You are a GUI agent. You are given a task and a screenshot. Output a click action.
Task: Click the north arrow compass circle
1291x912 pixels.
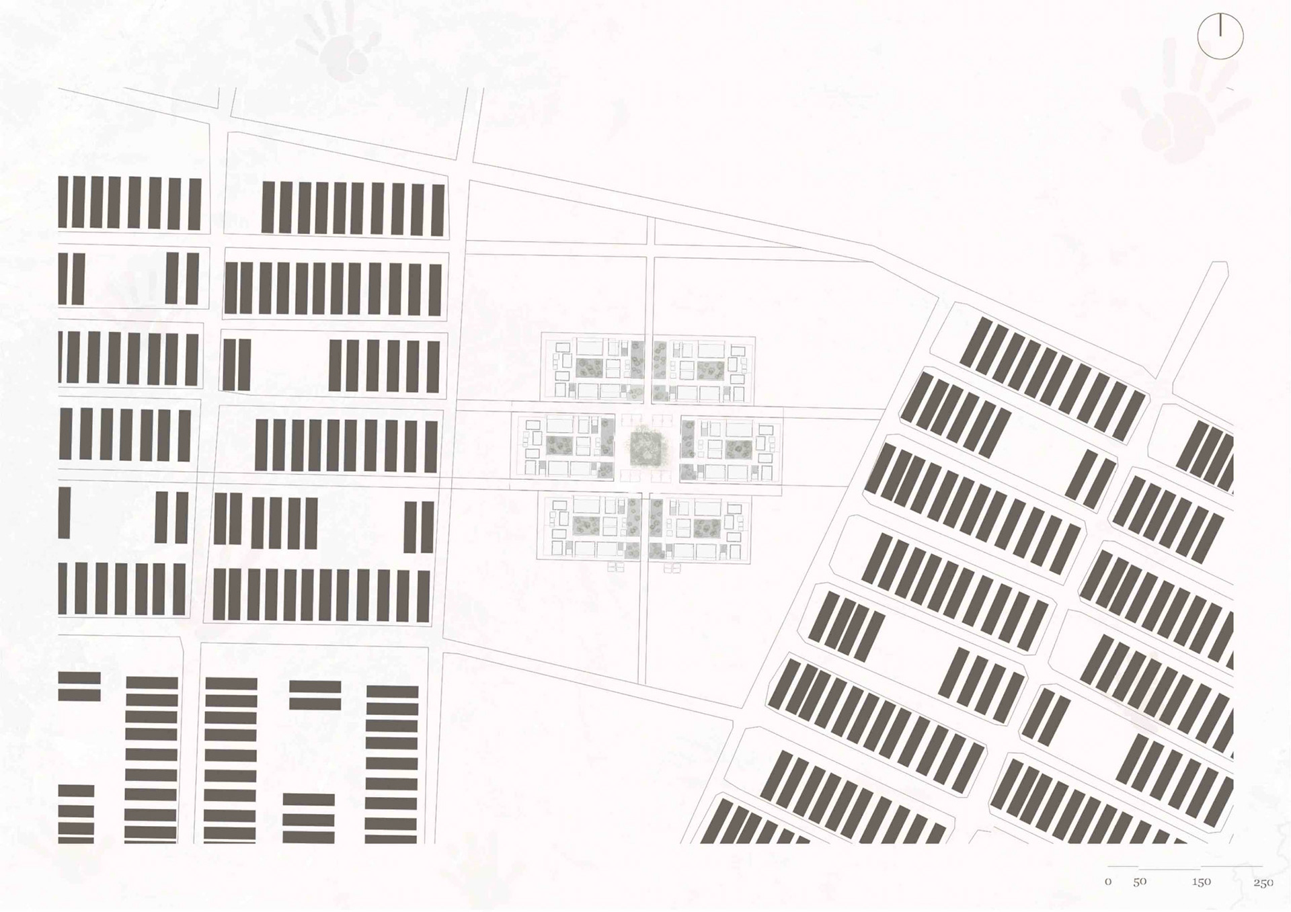click(1220, 36)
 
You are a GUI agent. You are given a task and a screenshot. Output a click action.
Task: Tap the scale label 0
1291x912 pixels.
click(1108, 882)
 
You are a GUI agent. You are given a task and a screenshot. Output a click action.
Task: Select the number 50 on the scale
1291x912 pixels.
click(1140, 882)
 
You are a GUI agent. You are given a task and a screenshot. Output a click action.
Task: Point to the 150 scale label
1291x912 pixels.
click(1202, 882)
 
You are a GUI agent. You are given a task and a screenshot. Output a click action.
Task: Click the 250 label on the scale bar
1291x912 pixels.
click(1263, 882)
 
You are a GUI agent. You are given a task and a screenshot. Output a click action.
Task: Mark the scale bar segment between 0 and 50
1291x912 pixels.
click(1123, 866)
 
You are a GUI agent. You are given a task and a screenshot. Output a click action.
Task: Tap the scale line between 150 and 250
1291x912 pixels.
click(1232, 866)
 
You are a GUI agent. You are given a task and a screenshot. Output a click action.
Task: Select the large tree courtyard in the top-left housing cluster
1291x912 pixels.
click(590, 367)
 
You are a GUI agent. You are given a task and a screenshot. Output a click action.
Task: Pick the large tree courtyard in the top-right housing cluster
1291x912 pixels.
click(711, 368)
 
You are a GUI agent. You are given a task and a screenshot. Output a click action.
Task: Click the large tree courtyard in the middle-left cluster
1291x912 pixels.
click(559, 445)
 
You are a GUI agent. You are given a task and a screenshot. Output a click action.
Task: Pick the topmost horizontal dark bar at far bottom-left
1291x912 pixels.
click(79, 677)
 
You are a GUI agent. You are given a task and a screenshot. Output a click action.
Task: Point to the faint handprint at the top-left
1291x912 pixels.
click(336, 44)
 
